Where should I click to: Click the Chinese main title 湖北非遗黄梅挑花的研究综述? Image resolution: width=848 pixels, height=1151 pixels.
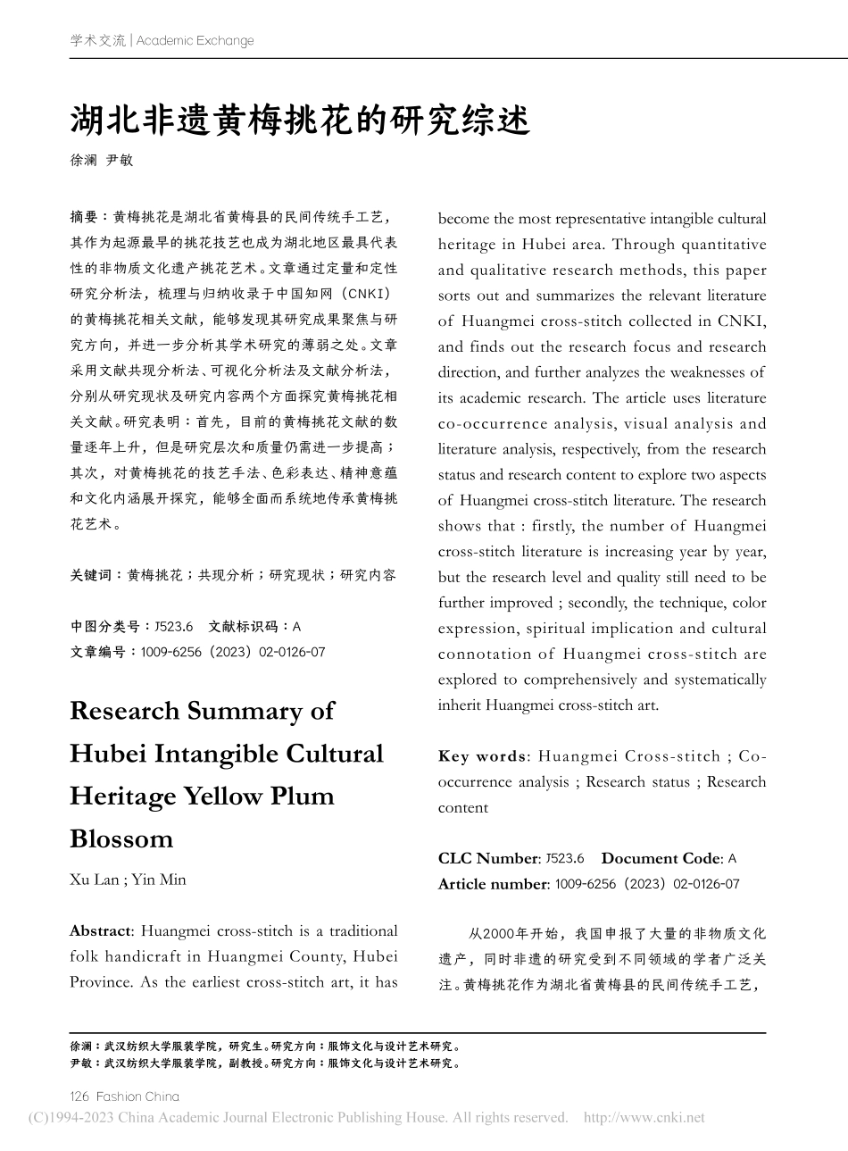(300, 119)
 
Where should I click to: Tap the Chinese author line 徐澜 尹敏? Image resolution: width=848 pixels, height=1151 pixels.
(101, 160)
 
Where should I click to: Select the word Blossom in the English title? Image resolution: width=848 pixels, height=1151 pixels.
(121, 838)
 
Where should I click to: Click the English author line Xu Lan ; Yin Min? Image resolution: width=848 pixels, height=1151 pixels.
(128, 880)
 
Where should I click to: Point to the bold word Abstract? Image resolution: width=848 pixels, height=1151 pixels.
(100, 930)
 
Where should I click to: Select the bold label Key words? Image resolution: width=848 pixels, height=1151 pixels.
(482, 756)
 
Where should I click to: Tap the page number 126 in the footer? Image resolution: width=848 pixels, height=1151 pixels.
(79, 1096)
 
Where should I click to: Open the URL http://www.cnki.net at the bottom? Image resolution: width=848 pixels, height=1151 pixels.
(644, 1117)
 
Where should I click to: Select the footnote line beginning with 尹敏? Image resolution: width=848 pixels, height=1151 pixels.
(265, 1063)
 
